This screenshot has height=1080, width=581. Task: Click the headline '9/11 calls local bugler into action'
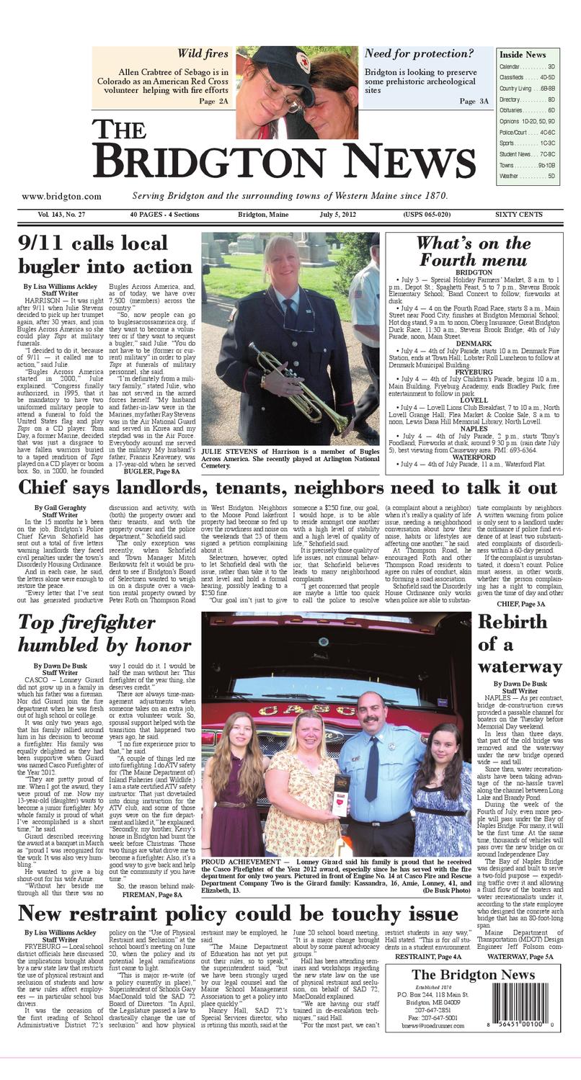click(105, 254)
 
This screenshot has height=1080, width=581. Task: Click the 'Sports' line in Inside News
click(527, 143)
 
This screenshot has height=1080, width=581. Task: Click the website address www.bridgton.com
click(61, 196)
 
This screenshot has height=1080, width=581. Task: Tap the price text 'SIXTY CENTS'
click(518, 215)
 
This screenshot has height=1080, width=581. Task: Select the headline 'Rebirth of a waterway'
click(519, 643)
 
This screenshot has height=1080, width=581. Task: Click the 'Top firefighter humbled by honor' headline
click(105, 633)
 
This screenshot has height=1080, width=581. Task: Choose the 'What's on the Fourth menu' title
click(473, 251)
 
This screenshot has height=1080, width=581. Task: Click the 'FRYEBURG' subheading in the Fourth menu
click(474, 372)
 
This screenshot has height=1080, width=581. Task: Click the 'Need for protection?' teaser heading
click(419, 53)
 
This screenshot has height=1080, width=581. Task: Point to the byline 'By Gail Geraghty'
click(60, 507)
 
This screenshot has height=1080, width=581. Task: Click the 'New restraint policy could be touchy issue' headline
click(228, 914)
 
